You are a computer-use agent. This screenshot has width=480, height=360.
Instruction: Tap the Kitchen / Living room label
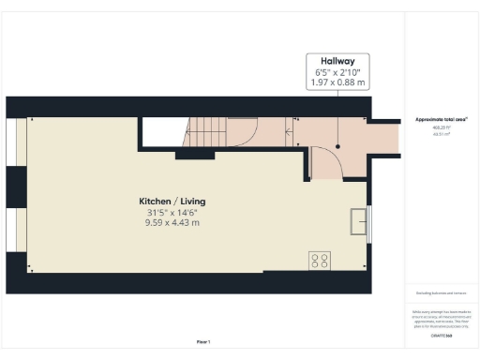click(x=172, y=202)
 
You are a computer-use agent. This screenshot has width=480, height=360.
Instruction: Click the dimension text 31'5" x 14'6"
click(x=172, y=213)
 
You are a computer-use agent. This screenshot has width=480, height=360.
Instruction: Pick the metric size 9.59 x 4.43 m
click(x=172, y=223)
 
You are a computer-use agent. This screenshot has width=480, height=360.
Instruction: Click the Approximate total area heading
click(x=440, y=120)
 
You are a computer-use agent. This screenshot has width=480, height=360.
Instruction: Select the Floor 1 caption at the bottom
click(x=203, y=341)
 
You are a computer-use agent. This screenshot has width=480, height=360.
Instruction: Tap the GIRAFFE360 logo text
click(x=441, y=335)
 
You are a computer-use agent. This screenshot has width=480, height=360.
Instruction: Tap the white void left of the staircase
click(x=161, y=133)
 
